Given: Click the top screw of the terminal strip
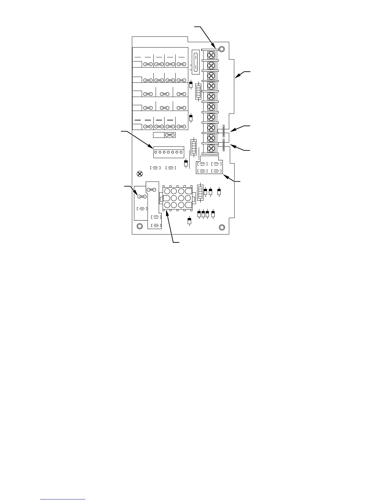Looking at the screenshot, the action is pyautogui.click(x=210, y=55).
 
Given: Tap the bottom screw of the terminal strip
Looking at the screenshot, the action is pyautogui.click(x=210, y=148).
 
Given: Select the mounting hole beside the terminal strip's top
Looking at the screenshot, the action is pyautogui.click(x=222, y=49).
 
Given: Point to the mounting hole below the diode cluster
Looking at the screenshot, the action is pyautogui.click(x=222, y=227).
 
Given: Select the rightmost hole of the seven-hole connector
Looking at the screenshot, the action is pyautogui.click(x=181, y=152).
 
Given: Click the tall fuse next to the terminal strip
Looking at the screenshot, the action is pyautogui.click(x=196, y=61).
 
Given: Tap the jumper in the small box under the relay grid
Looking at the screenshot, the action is pyautogui.click(x=170, y=135).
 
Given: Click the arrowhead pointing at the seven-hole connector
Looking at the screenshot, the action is pyautogui.click(x=150, y=146).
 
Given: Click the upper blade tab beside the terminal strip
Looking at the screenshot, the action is pyautogui.click(x=224, y=131).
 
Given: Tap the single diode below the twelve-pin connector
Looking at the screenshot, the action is pyautogui.click(x=190, y=221).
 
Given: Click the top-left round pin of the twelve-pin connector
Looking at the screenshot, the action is pyautogui.click(x=167, y=191).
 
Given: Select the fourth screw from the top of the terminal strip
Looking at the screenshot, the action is pyautogui.click(x=210, y=86).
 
